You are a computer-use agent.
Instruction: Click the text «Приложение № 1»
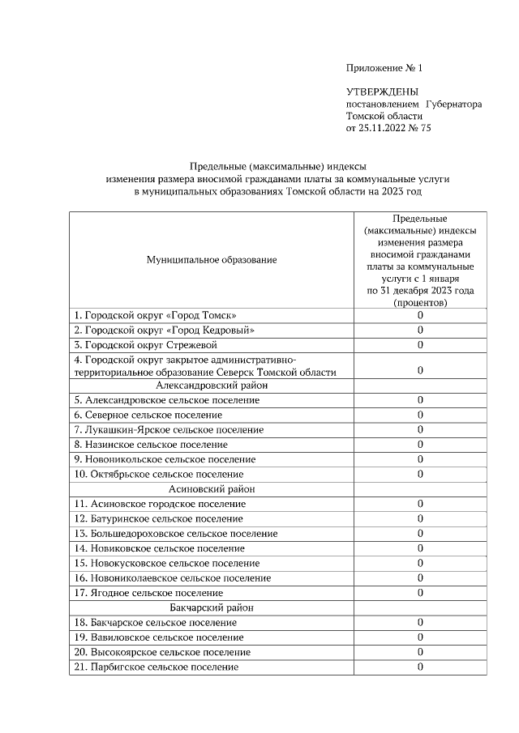[384, 69]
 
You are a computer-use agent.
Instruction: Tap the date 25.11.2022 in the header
[385, 128]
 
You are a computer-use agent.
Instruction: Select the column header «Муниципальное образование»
[212, 260]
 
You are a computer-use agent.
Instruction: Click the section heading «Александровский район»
[212, 386]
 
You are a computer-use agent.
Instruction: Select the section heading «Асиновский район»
[212, 489]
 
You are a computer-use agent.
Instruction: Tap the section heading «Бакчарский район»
[212, 607]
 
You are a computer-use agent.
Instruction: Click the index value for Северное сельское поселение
[420, 415]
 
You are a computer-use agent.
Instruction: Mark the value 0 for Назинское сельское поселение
[420, 445]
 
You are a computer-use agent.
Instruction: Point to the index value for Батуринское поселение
[420, 518]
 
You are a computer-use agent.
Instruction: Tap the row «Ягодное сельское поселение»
[148, 593]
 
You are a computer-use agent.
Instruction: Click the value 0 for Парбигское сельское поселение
[420, 667]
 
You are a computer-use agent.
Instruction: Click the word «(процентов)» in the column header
[420, 302]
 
